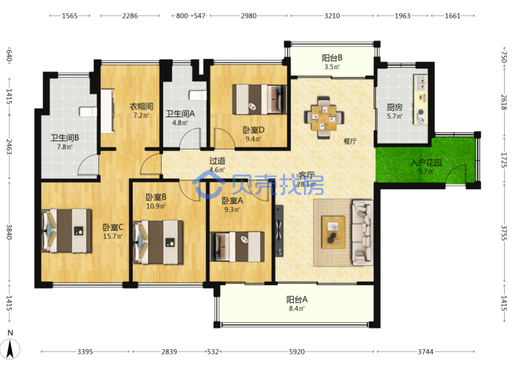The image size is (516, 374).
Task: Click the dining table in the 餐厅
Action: tap(324, 117)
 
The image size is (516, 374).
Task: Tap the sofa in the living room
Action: tap(363, 232)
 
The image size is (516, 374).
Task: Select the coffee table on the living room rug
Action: tap(333, 232)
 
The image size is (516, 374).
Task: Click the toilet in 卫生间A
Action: tap(197, 95)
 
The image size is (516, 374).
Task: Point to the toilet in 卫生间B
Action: tap(88, 112)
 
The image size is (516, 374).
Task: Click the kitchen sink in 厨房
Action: tap(420, 82)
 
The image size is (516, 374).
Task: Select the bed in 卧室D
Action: tap(259, 99)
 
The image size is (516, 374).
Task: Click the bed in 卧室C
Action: tap(67, 230)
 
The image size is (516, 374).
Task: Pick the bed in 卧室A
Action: tap(237, 247)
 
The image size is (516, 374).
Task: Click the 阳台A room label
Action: tap(297, 299)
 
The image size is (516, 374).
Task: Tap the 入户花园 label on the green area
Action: tap(426, 163)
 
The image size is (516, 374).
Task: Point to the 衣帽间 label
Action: tap(141, 107)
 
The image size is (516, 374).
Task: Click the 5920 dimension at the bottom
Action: tap(297, 352)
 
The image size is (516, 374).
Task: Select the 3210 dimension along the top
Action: tap(332, 16)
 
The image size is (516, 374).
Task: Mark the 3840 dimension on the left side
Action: tap(9, 232)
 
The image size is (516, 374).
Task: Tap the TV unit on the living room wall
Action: tap(279, 231)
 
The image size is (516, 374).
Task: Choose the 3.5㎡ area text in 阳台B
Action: tap(332, 67)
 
